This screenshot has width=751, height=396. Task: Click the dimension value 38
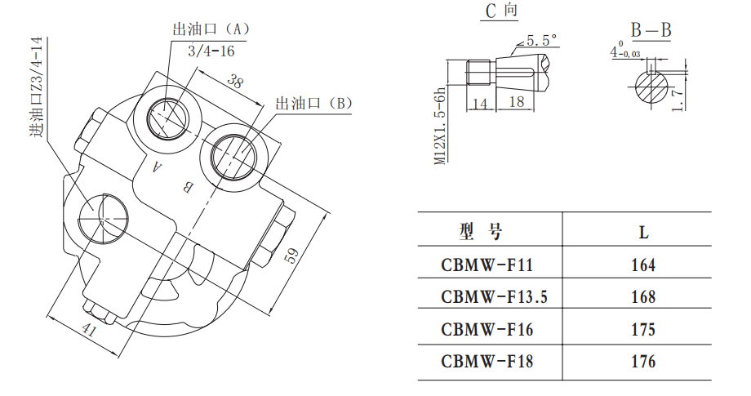235,82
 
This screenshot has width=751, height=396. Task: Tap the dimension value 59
291,254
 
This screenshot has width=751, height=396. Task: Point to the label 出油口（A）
211,29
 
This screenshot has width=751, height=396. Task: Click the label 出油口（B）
314,103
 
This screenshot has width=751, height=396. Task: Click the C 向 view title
500,11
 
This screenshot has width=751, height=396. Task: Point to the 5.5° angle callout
540,40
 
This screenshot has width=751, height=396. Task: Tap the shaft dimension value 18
515,102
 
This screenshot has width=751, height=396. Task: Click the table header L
643,232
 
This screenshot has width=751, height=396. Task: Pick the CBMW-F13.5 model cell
494,297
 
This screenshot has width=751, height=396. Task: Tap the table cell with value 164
643,265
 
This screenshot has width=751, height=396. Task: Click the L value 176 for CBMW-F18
643,362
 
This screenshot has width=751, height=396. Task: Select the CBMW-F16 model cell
488,329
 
